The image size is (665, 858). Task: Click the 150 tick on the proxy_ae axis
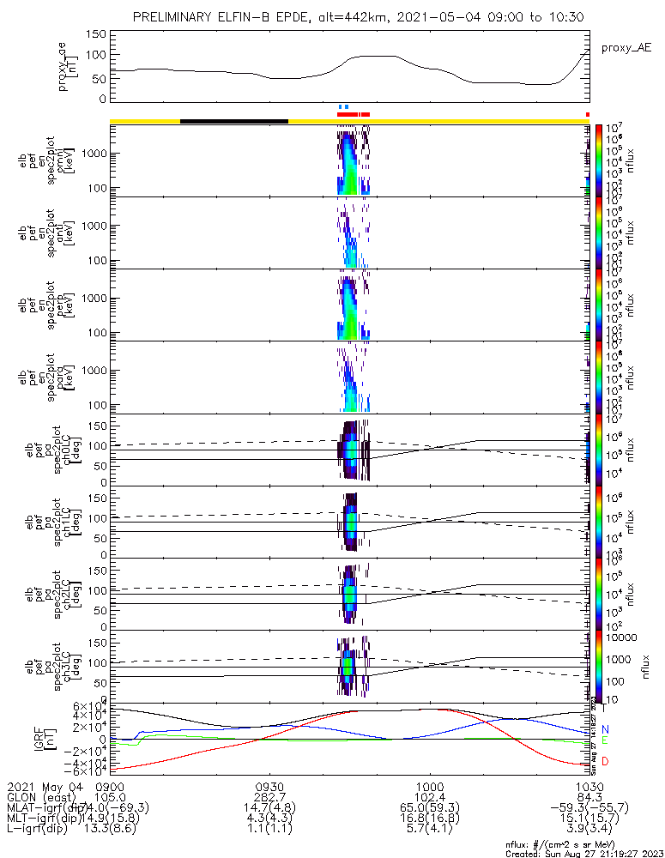[97, 34]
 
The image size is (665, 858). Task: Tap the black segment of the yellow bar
[233, 121]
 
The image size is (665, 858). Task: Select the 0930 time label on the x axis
[270, 786]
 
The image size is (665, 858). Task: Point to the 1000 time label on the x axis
[429, 786]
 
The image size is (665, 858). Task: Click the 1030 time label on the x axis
[588, 786]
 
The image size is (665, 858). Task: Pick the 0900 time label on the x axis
[111, 786]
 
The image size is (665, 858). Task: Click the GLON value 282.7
[270, 797]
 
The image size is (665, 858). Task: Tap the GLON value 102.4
[429, 797]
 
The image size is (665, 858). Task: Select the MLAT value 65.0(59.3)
[429, 808]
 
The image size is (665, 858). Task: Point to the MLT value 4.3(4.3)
[270, 819]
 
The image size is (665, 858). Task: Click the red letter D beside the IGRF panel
[605, 762]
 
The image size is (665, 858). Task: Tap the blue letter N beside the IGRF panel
[605, 729]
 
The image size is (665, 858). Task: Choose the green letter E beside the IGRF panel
[605, 740]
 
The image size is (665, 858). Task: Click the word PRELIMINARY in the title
[176, 18]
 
